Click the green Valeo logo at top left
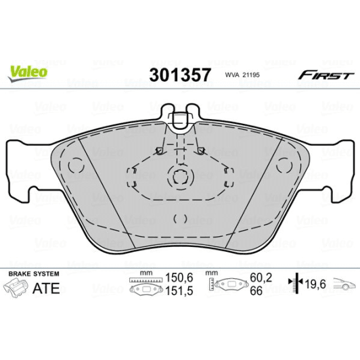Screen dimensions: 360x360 click(x=27, y=70)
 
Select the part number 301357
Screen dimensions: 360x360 click(x=180, y=74)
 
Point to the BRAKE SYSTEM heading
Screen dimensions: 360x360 click(x=33, y=273)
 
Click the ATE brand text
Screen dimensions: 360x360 click(x=47, y=289)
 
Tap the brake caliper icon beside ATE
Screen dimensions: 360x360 click(x=19, y=289)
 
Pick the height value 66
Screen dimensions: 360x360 click(x=256, y=291)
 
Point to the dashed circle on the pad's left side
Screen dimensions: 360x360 click(x=76, y=164)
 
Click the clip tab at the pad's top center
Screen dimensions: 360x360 click(x=179, y=119)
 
